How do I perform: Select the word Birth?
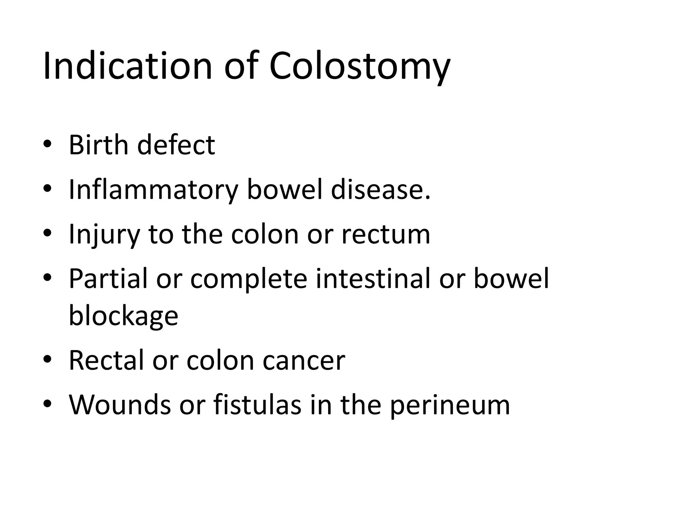pyautogui.click(x=99, y=145)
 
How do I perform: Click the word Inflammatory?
pyautogui.click(x=153, y=190)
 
